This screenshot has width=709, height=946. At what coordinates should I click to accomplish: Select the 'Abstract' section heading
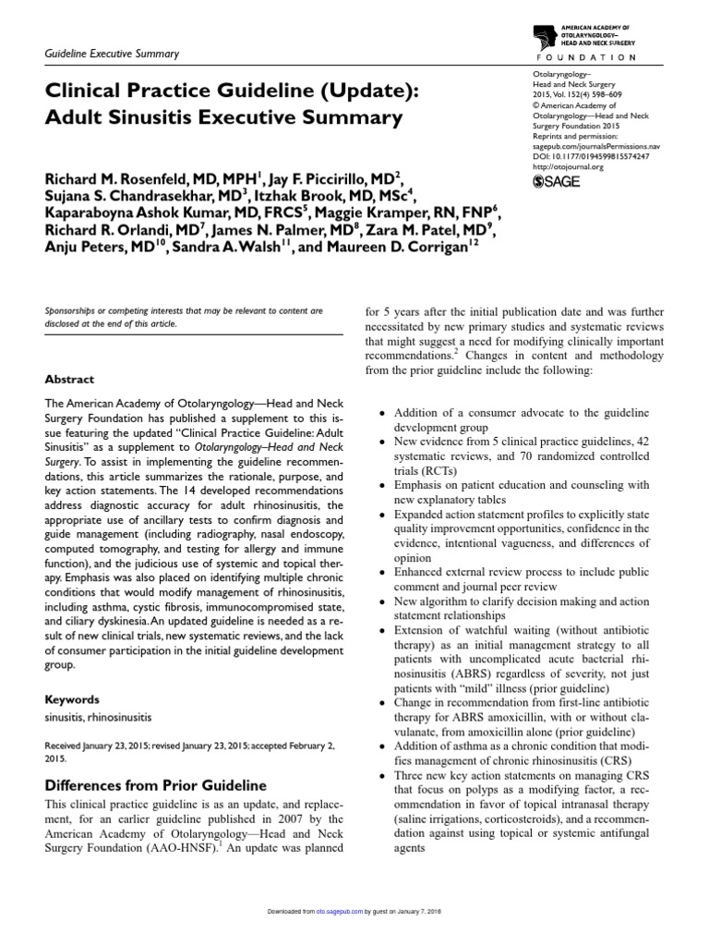click(68, 379)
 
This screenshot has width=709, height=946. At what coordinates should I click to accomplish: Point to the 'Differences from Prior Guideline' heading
click(155, 785)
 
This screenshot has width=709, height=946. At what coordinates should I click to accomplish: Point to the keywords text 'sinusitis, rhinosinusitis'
click(99, 718)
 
